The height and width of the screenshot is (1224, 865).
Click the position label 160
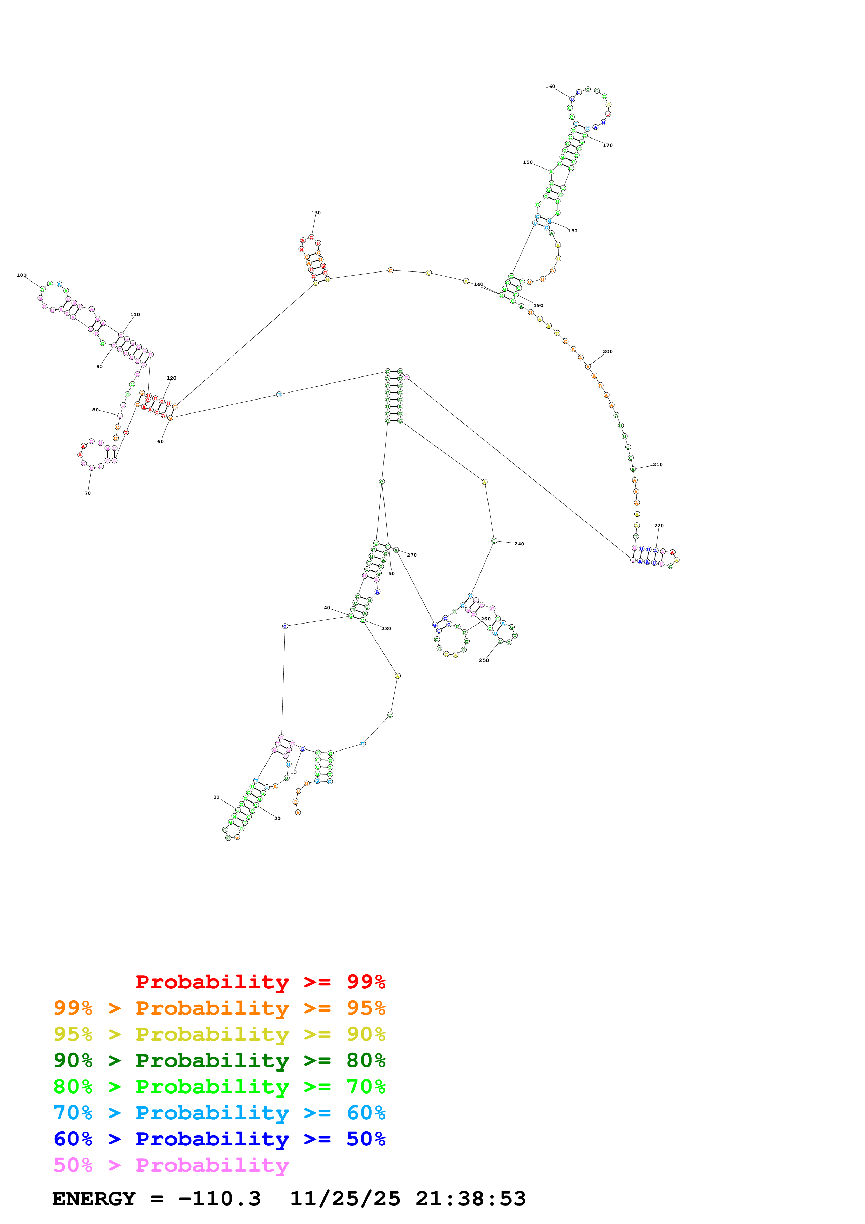(x=550, y=87)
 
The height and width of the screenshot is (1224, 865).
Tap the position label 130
(x=316, y=213)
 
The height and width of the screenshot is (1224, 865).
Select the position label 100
(x=21, y=275)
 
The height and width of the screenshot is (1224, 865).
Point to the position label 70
(x=87, y=493)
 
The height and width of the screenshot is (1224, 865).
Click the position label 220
(x=659, y=525)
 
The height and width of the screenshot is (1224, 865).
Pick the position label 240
(x=519, y=544)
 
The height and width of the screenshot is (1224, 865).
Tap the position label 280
(x=386, y=628)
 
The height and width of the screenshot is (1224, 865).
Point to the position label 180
(x=572, y=231)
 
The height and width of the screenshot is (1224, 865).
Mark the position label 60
(x=161, y=441)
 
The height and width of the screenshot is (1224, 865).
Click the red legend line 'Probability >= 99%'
(x=260, y=982)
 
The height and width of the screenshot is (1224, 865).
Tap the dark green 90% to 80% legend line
(x=219, y=1060)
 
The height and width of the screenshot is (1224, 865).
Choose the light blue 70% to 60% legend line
(x=219, y=1113)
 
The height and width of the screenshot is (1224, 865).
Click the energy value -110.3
(x=219, y=1199)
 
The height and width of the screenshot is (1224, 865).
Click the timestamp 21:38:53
(x=471, y=1199)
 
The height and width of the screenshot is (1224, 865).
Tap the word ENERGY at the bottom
(x=94, y=1199)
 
